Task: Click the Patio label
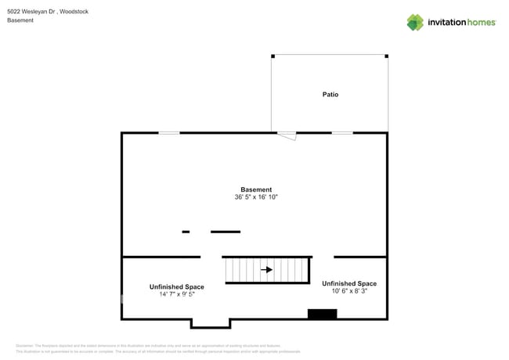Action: (x=330, y=95)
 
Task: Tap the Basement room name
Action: (x=256, y=189)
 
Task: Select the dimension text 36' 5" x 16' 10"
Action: (x=256, y=197)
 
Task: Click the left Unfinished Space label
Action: (x=177, y=287)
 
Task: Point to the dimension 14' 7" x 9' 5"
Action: (x=177, y=295)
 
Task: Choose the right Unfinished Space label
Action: (x=349, y=283)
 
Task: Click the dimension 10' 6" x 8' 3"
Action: (x=349, y=291)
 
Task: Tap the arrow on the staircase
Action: (x=266, y=270)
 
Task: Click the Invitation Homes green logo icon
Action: (x=415, y=22)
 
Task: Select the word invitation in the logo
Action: (x=446, y=23)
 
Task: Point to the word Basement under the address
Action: (x=20, y=20)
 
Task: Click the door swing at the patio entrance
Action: (x=287, y=136)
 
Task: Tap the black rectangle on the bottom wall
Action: (x=322, y=314)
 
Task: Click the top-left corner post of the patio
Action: (x=273, y=56)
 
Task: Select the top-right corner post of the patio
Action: (x=387, y=56)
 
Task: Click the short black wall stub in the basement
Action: (x=186, y=232)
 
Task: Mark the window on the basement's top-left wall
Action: (x=168, y=133)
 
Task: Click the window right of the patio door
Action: (x=342, y=133)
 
